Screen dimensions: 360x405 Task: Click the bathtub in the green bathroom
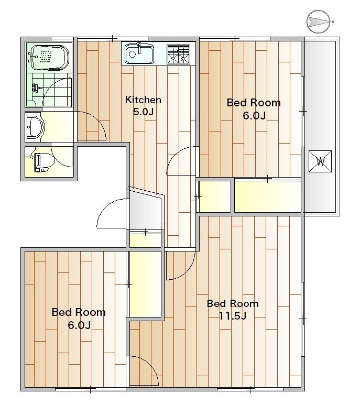click(48, 57)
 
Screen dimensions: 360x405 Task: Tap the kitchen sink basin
click(139, 54)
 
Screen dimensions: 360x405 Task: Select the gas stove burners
click(178, 54)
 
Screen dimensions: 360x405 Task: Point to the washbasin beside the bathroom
click(36, 127)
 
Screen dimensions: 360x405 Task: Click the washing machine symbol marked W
click(320, 161)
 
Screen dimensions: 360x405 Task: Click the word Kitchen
click(143, 100)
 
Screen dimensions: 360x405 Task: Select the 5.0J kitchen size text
click(143, 112)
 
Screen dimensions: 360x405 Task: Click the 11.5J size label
click(233, 315)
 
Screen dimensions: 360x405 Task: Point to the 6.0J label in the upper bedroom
click(254, 115)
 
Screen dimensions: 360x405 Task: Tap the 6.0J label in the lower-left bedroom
click(79, 325)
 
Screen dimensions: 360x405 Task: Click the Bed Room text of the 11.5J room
click(233, 303)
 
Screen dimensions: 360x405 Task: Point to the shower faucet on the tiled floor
click(36, 87)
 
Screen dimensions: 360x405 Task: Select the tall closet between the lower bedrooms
click(146, 283)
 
